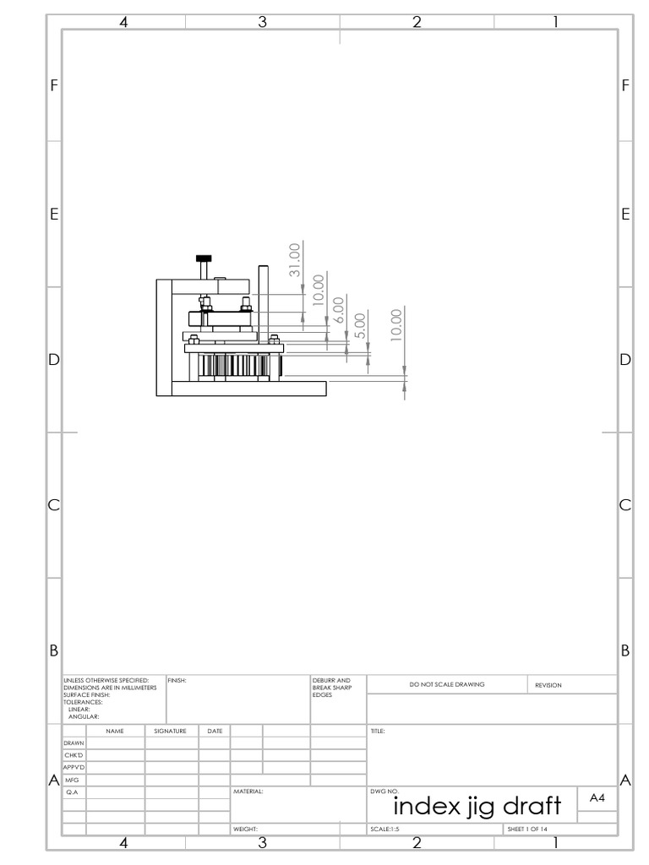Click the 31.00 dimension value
pyautogui.click(x=294, y=260)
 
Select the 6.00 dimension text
pyautogui.click(x=338, y=309)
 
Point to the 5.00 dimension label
pyautogui.click(x=359, y=325)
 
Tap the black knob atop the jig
pyautogui.click(x=203, y=258)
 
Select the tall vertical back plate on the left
pyautogui.click(x=164, y=336)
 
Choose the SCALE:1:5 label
pyautogui.click(x=384, y=830)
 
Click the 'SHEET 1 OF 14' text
pyautogui.click(x=528, y=830)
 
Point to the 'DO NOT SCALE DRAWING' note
pyautogui.click(x=447, y=684)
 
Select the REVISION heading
pyautogui.click(x=548, y=685)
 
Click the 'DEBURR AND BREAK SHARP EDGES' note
pyautogui.click(x=326, y=686)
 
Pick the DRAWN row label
pyautogui.click(x=73, y=743)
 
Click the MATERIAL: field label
pyautogui.click(x=248, y=792)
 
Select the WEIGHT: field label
pyautogui.click(x=245, y=830)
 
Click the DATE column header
pyautogui.click(x=215, y=730)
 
